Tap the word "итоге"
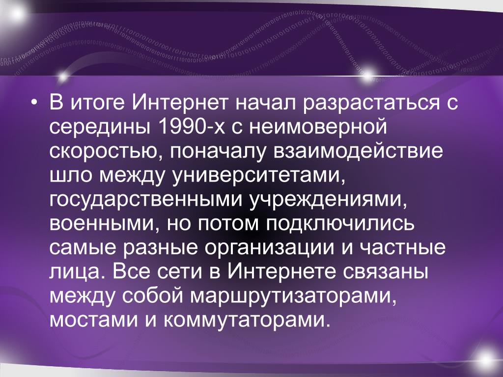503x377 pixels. (x=98, y=103)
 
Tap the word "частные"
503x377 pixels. (x=402, y=248)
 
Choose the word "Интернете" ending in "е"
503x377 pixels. (x=282, y=272)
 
